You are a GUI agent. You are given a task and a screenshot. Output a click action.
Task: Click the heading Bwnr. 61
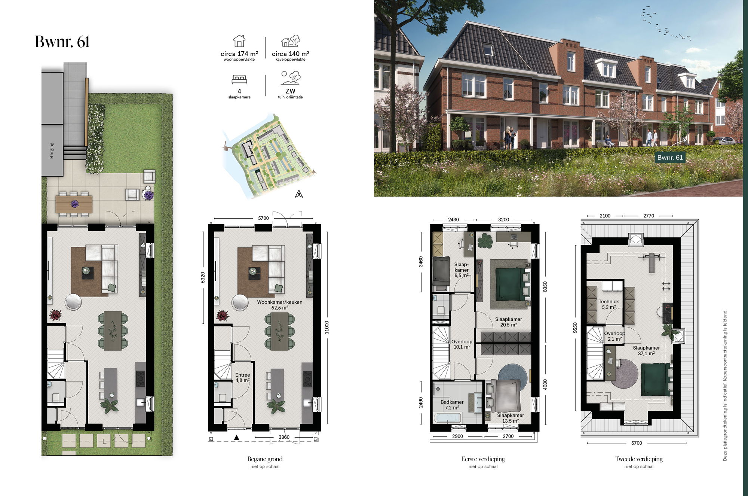[x=62, y=42]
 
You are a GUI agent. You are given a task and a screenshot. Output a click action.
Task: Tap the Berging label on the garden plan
[x=52, y=150]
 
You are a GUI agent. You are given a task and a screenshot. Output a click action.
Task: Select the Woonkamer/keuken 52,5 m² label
[x=280, y=305]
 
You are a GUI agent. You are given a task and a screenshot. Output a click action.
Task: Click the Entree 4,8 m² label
[x=243, y=377]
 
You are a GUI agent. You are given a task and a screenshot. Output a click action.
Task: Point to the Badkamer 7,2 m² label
[x=452, y=405]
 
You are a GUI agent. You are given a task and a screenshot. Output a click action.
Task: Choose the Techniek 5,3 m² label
[x=608, y=304]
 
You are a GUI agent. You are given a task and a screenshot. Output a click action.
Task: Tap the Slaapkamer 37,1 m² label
[x=646, y=350]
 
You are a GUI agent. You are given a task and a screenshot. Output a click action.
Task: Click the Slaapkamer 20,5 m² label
[x=509, y=322]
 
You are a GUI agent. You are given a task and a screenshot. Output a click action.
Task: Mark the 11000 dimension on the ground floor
[x=327, y=327]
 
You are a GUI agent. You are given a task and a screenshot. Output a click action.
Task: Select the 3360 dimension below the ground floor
[x=284, y=437]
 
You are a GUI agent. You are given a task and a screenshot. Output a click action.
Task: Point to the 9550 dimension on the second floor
[x=575, y=328]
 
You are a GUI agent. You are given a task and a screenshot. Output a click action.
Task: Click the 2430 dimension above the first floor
[x=453, y=220]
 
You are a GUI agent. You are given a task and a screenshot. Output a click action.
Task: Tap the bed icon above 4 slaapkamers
[x=239, y=79]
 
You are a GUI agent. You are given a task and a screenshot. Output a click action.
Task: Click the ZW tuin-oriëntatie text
[x=290, y=94]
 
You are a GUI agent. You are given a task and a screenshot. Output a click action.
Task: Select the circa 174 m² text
[x=239, y=54]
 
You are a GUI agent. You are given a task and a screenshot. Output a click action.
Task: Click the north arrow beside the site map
[x=299, y=194]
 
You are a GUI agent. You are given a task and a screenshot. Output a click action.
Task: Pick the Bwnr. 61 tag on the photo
[x=670, y=158]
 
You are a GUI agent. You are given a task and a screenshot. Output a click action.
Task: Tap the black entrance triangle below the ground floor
[x=236, y=437]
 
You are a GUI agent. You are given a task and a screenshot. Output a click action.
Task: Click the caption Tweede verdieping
[x=639, y=459]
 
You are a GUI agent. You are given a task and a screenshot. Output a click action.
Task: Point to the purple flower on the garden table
[x=75, y=204]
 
